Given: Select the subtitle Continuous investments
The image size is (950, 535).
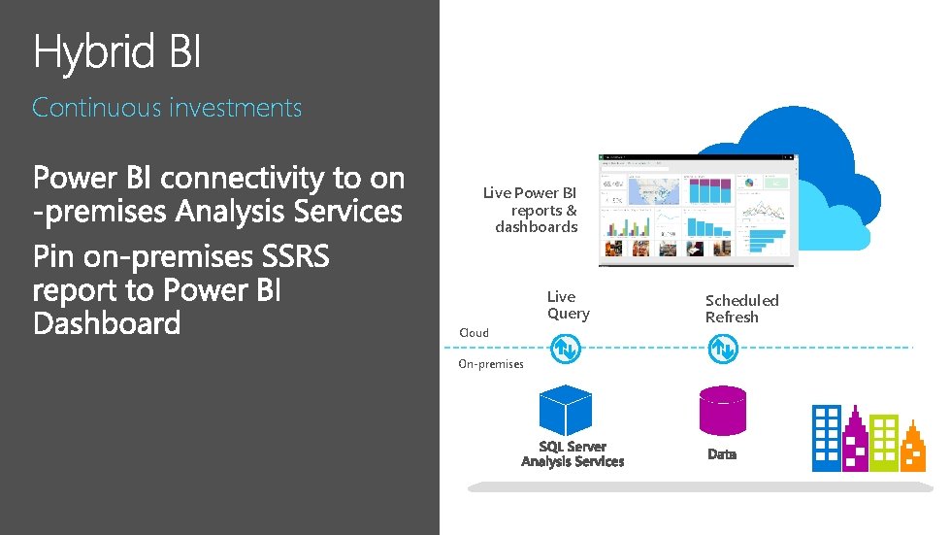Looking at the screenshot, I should pyautogui.click(x=167, y=108).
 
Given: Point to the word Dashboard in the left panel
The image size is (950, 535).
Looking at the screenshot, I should pyautogui.click(x=107, y=323).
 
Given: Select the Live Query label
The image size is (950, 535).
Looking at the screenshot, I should pyautogui.click(x=568, y=305).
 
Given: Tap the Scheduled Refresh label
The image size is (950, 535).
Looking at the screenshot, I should pyautogui.click(x=741, y=309).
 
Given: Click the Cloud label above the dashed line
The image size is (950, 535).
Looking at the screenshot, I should pyautogui.click(x=474, y=333).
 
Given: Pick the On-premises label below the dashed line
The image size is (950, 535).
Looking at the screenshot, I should pyautogui.click(x=490, y=364).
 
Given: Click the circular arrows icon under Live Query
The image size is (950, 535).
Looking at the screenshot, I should pyautogui.click(x=565, y=348).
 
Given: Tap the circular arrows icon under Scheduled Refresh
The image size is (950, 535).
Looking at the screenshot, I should pyautogui.click(x=722, y=348).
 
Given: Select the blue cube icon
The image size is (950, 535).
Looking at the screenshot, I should pyautogui.click(x=565, y=411).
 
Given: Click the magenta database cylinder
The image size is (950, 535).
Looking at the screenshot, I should pyautogui.click(x=723, y=411).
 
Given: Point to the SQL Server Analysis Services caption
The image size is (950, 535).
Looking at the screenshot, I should pyautogui.click(x=573, y=454).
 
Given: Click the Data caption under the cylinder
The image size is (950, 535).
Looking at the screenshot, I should pyautogui.click(x=722, y=454).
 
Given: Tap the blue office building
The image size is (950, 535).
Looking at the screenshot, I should pyautogui.click(x=827, y=437).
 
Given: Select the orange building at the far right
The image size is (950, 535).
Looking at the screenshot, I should pyautogui.click(x=914, y=448).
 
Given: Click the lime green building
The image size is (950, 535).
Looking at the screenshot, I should pyautogui.click(x=884, y=442).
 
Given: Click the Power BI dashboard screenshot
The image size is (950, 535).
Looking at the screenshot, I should pyautogui.click(x=697, y=210).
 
